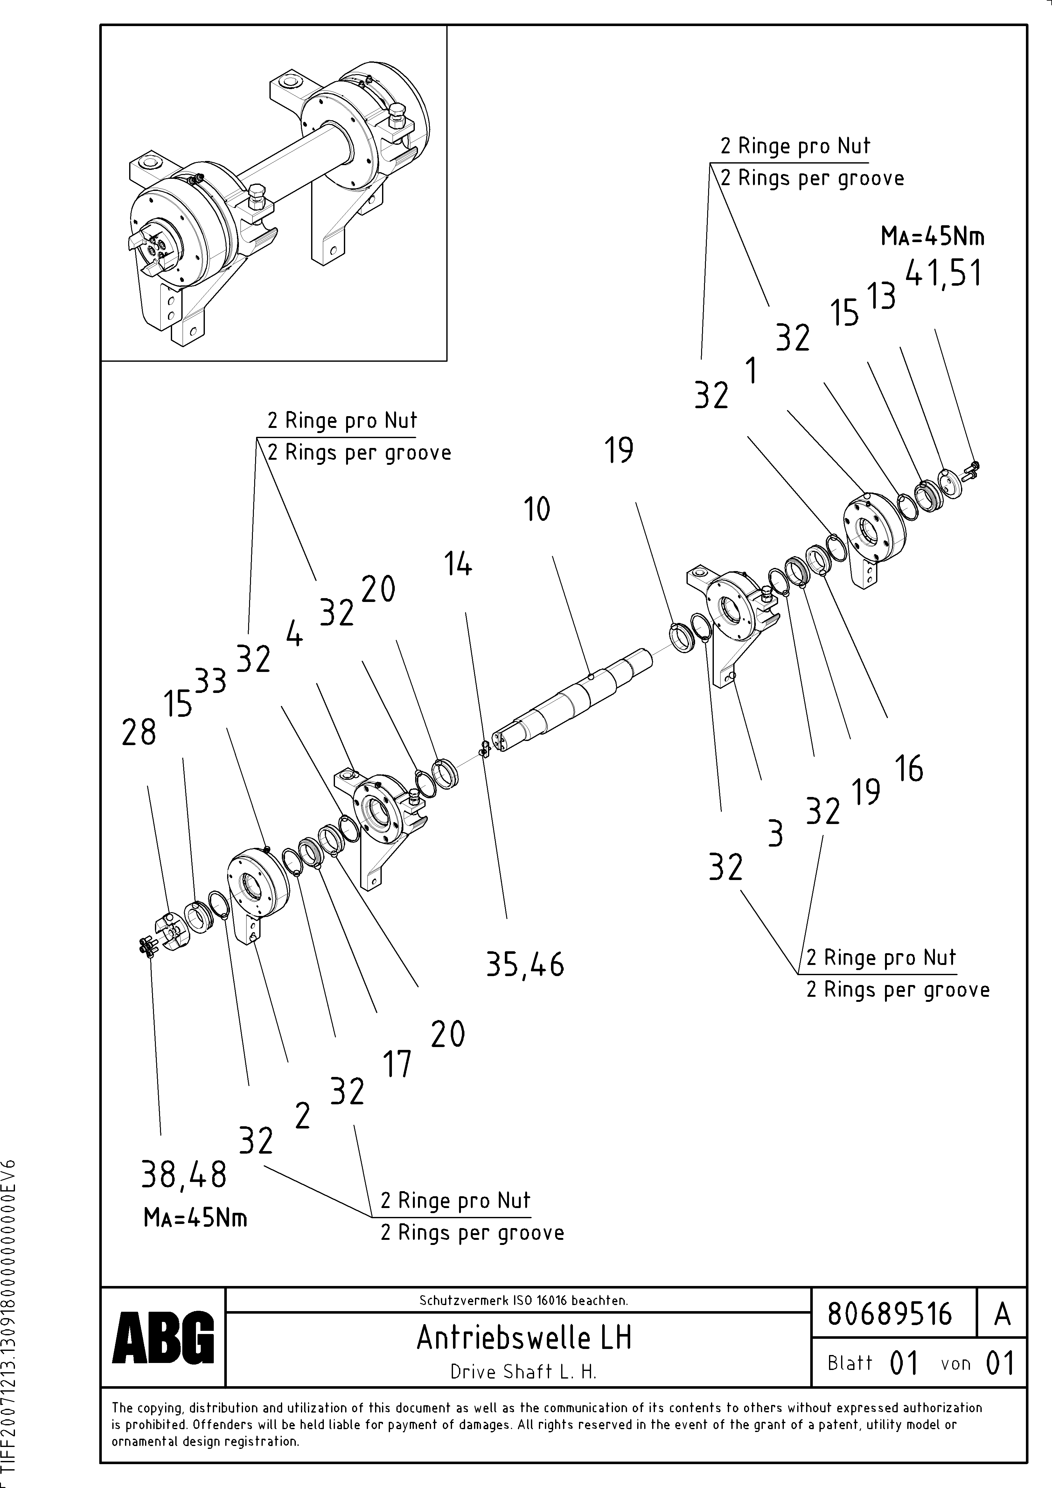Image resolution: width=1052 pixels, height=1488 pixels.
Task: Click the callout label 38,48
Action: pos(184,1174)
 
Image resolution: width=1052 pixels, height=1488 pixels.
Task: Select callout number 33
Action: pos(211,682)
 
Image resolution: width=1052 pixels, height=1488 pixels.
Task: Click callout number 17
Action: pos(397,1065)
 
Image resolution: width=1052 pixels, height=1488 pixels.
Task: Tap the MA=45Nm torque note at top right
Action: pos(932,237)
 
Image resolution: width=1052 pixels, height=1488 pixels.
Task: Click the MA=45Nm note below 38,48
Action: pos(195,1219)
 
